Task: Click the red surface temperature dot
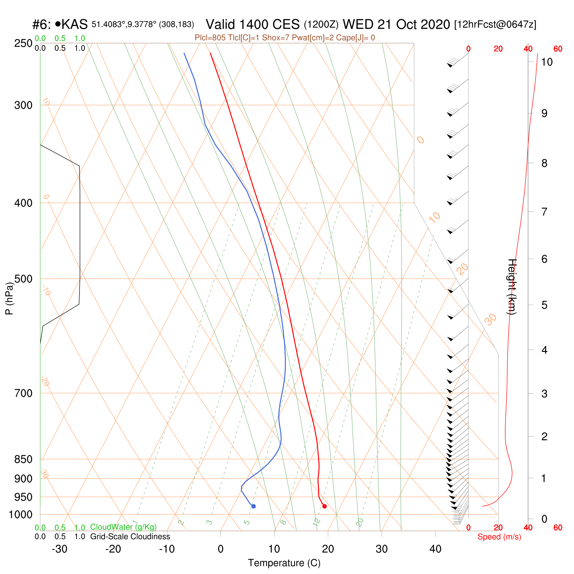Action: tap(325, 506)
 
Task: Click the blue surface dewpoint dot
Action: tap(254, 506)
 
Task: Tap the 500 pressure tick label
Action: tap(23, 279)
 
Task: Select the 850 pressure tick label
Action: tap(23, 459)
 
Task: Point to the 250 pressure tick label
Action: tap(23, 43)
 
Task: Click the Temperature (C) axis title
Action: tap(284, 563)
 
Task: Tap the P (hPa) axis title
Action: tap(10, 298)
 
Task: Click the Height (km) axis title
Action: tap(512, 287)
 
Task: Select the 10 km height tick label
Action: tap(547, 62)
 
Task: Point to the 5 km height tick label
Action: tap(544, 305)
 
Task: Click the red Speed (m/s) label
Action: tap(499, 537)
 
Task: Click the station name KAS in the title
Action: tap(75, 24)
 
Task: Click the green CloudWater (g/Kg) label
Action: tap(123, 527)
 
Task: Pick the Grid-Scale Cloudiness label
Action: tap(130, 536)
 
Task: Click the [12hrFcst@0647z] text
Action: tap(495, 24)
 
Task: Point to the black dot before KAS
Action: tap(58, 23)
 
